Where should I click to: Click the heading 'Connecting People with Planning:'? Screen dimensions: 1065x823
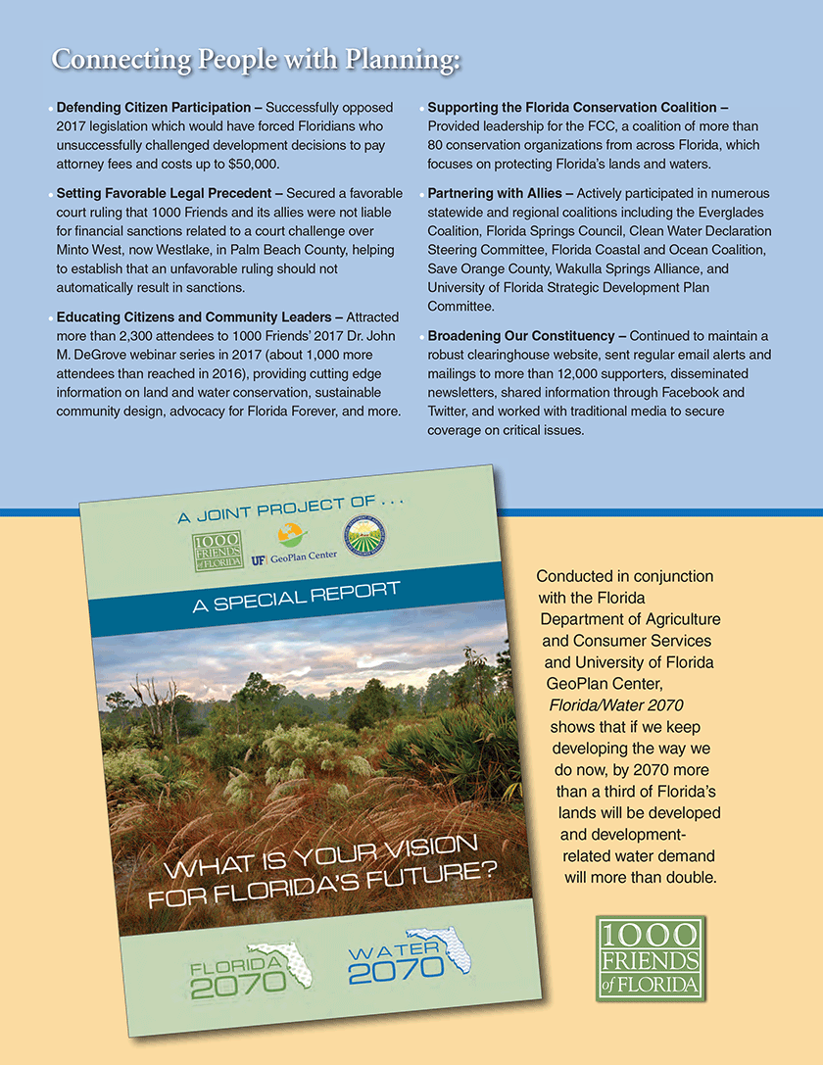256,60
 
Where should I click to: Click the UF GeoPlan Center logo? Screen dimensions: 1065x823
294,544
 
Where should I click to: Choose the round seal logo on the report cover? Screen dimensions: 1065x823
363,537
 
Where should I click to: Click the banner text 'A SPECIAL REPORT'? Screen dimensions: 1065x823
296,597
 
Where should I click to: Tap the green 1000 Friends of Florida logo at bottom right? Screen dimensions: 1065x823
651,957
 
